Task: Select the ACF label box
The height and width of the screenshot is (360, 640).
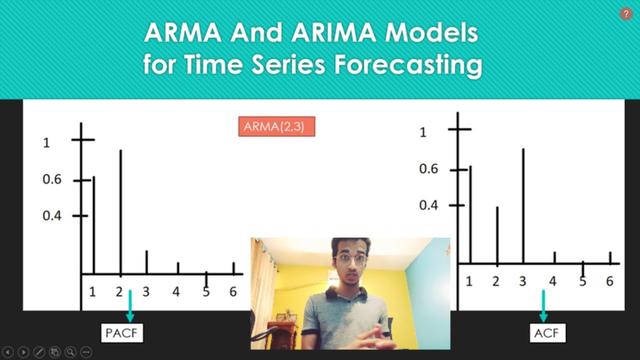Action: click(545, 330)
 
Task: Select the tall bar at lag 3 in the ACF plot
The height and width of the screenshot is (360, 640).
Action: click(523, 206)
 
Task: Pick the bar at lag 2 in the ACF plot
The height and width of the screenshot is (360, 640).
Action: click(497, 235)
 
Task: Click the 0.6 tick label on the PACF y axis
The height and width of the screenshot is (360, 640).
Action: click(52, 180)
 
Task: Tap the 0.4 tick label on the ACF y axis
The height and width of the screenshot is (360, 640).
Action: click(429, 205)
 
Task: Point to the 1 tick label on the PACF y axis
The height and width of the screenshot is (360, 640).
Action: click(46, 143)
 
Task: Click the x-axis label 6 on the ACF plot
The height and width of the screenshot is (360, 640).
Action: click(609, 282)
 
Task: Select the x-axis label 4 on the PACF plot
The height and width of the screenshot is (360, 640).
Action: click(176, 292)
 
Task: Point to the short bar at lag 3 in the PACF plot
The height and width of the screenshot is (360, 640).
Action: click(147, 262)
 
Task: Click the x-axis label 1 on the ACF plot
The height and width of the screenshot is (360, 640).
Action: click(469, 282)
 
